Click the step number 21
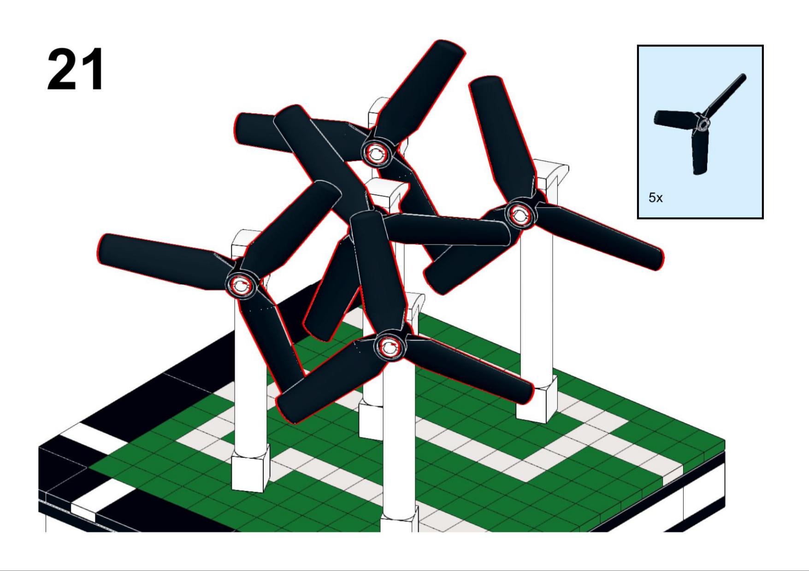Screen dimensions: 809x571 click(76, 70)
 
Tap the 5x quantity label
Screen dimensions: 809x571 click(655, 198)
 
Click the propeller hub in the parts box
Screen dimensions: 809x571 click(703, 124)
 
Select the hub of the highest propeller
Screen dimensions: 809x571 click(376, 152)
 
